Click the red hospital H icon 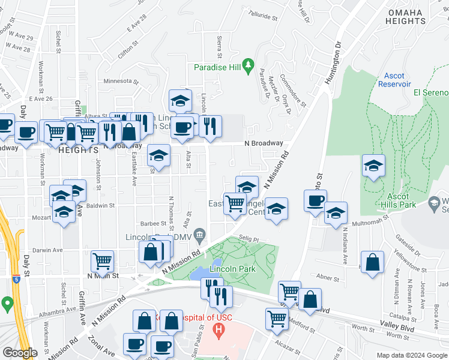(x=218, y=329)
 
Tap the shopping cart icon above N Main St (x=103, y=261)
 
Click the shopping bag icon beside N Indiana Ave (x=372, y=262)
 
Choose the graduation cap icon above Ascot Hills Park (x=373, y=165)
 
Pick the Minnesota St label (x=121, y=81)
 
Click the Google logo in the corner (x=20, y=353)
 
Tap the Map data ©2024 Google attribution (x=411, y=355)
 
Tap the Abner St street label (x=327, y=277)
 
